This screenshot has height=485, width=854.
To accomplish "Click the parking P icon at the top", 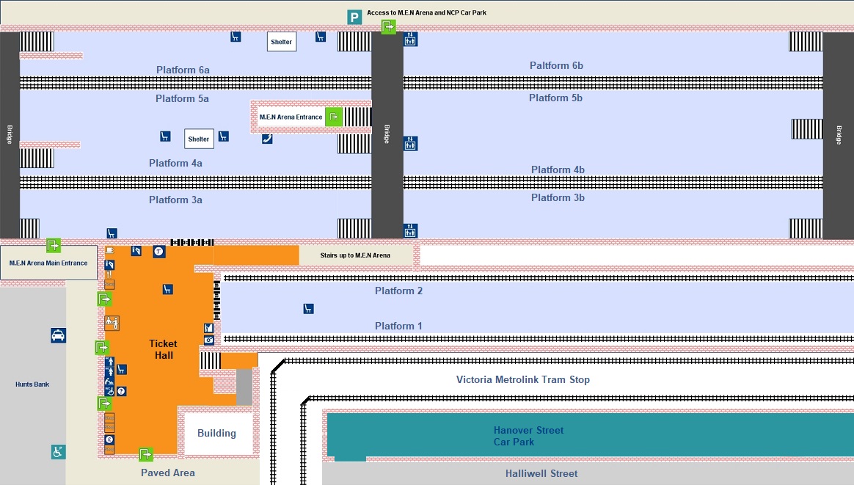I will pyautogui.click(x=354, y=17).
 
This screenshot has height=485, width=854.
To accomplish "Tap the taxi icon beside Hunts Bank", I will pyautogui.click(x=58, y=335).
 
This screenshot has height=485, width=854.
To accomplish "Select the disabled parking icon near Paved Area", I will pyautogui.click(x=58, y=452).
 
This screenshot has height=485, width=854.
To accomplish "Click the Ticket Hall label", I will pyautogui.click(x=164, y=349).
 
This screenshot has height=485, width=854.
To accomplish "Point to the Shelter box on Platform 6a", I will pyautogui.click(x=282, y=42).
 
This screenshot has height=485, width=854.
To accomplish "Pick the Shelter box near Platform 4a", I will pyautogui.click(x=199, y=139).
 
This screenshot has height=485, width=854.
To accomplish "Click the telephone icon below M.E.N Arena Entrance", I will pyautogui.click(x=267, y=139).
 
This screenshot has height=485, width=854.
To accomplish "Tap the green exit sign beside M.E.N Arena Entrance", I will pyautogui.click(x=333, y=117).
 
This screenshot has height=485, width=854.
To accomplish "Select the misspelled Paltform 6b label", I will pyautogui.click(x=556, y=65).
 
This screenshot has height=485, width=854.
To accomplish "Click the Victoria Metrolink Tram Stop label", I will pyautogui.click(x=522, y=379).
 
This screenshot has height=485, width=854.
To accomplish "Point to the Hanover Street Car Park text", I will pyautogui.click(x=528, y=436).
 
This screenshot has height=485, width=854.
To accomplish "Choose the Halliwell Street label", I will pyautogui.click(x=541, y=473).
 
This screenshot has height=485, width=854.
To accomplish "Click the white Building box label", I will pyautogui.click(x=216, y=433).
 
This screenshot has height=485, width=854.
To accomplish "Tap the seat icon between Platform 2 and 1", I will pyautogui.click(x=309, y=309).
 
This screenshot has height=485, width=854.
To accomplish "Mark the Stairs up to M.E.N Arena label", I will pyautogui.click(x=356, y=255).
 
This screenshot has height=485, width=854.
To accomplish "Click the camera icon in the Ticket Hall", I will pyautogui.click(x=209, y=340).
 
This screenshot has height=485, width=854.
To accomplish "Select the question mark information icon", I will pyautogui.click(x=121, y=391).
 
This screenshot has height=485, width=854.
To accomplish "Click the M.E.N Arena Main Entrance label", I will pyautogui.click(x=48, y=263).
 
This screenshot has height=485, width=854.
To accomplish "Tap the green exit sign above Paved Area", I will pyautogui.click(x=146, y=454).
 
